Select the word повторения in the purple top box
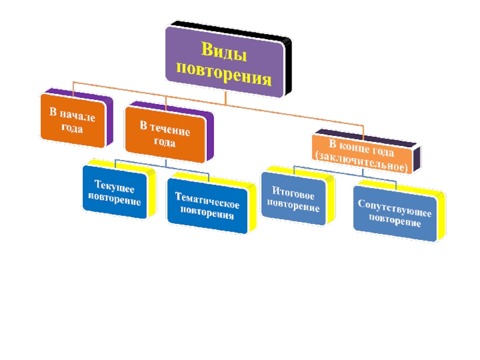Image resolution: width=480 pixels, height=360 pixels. (223, 77)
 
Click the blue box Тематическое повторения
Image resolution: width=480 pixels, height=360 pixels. (206, 205)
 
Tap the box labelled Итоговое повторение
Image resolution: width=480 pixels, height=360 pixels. (294, 199)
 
